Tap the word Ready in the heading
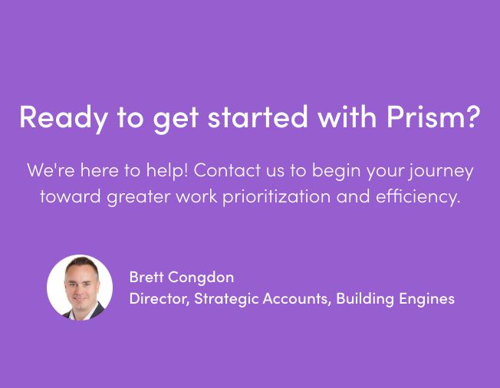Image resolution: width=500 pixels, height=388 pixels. pyautogui.click(x=64, y=118)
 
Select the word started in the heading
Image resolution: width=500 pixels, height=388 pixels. pyautogui.click(x=258, y=117)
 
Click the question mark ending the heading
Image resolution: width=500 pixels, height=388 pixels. pyautogui.click(x=472, y=117)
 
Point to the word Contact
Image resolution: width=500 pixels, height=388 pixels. pyautogui.click(x=227, y=170)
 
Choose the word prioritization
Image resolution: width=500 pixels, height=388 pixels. pyautogui.click(x=277, y=197)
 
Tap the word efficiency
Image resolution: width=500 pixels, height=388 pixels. pyautogui.click(x=418, y=197)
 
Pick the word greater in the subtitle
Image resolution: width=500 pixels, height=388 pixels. pyautogui.click(x=138, y=197)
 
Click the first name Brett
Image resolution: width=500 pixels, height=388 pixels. pyautogui.click(x=146, y=277)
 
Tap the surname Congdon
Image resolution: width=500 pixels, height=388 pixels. pyautogui.click(x=201, y=278)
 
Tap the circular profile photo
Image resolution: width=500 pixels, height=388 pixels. pyautogui.click(x=80, y=288)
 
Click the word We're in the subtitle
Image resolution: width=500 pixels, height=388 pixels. pyautogui.click(x=52, y=170)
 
